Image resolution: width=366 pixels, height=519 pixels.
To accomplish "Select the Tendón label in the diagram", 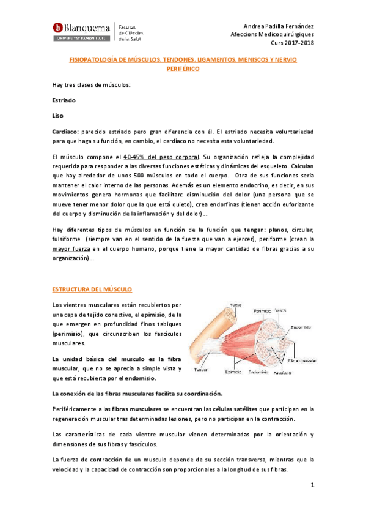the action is click(199, 370).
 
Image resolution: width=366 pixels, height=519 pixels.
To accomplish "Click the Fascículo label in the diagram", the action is click(281, 372).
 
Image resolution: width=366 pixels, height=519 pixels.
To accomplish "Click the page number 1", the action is click(311, 485).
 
